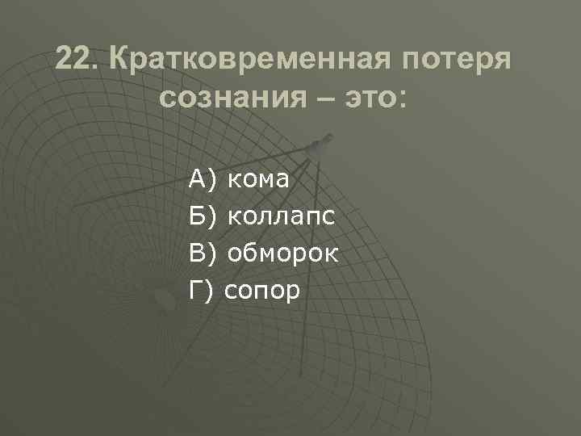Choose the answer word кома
pyautogui.click(x=258, y=178)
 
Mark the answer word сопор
pyautogui.click(x=262, y=291)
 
